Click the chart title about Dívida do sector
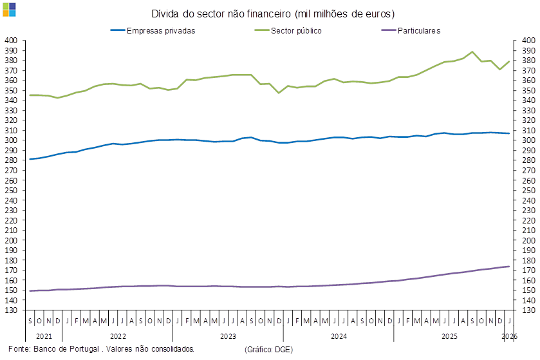pos(273,14)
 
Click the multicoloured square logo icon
pos(10,9)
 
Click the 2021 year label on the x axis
pos(44,336)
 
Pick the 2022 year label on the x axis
pos(117,336)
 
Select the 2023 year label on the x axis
pos(228,336)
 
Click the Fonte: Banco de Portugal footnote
pos(101,348)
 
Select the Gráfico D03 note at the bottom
pos(269,349)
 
